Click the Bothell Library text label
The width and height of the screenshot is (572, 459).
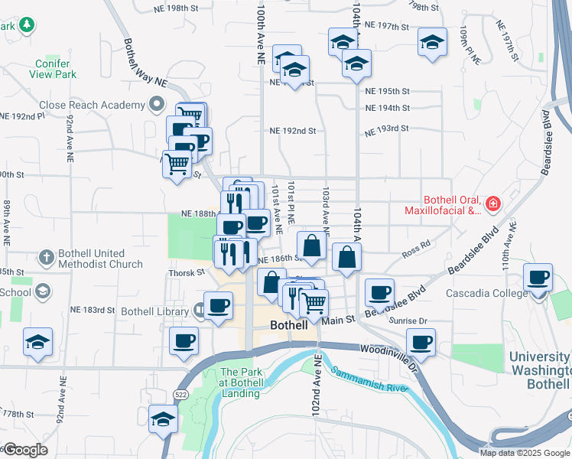[x=154, y=311]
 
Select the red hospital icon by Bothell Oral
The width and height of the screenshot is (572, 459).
[x=492, y=203]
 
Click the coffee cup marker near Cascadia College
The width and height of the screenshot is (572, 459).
[x=538, y=277]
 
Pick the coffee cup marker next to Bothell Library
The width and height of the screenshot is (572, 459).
[x=218, y=305]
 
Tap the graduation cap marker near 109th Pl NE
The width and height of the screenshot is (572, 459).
[x=433, y=41]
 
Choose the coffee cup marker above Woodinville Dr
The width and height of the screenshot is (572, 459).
[x=421, y=342]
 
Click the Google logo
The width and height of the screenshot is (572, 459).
[x=24, y=450]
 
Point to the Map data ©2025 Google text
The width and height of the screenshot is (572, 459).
[x=525, y=452]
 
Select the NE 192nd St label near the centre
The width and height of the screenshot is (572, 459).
[x=292, y=131]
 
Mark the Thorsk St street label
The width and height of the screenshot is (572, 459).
[x=187, y=272]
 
